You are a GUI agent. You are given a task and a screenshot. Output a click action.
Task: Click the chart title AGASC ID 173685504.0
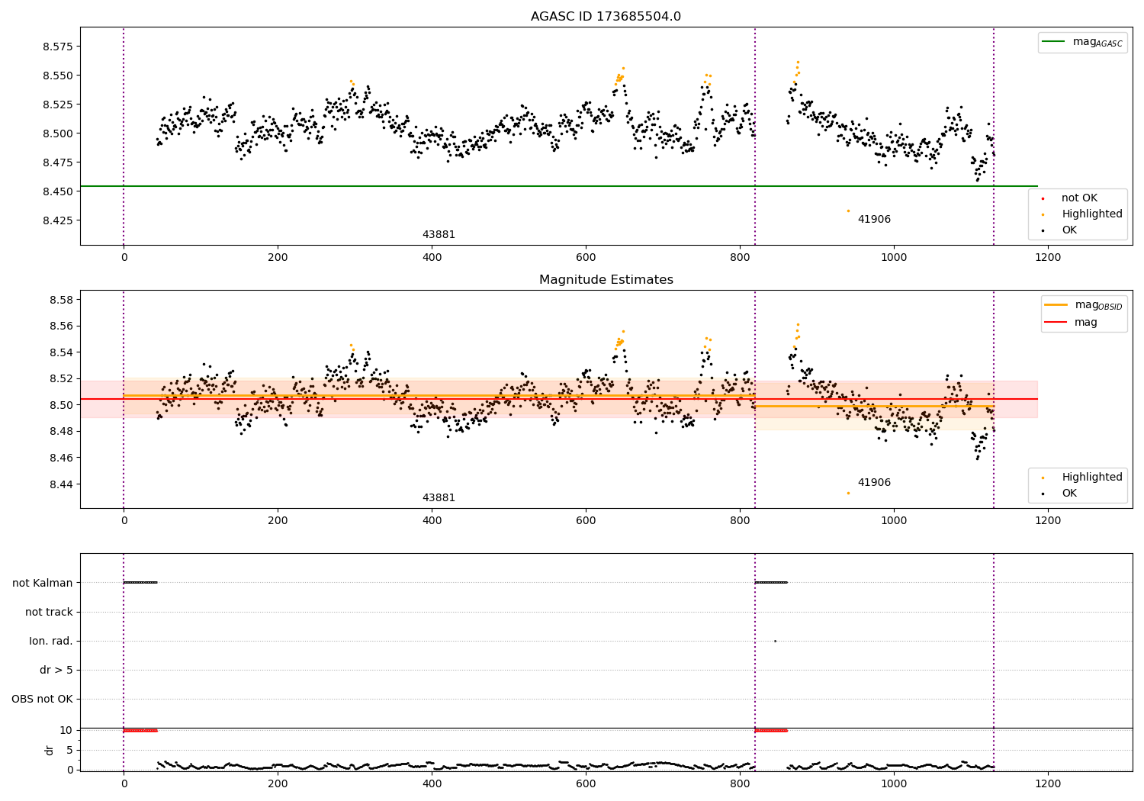[606, 17]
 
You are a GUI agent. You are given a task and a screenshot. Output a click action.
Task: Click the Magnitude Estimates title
[606, 280]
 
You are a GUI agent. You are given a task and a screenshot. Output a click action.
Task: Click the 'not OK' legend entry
[1079, 198]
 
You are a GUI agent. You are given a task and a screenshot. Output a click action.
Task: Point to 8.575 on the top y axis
[58, 47]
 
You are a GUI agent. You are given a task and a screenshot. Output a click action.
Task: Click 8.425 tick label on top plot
[58, 220]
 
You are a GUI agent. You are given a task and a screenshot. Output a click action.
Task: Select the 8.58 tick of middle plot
[61, 300]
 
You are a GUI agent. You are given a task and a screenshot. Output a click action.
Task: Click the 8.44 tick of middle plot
[61, 484]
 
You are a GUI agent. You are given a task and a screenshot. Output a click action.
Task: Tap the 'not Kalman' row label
[43, 583]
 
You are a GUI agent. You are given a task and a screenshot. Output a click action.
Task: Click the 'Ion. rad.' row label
[51, 641]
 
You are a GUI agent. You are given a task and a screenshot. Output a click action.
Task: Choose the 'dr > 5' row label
[56, 670]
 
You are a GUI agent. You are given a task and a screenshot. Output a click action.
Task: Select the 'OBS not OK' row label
[43, 699]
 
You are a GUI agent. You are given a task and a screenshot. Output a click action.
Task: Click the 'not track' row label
[49, 612]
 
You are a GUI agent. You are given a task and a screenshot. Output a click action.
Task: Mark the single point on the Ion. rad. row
[775, 641]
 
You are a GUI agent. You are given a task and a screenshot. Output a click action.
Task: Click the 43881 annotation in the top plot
[439, 235]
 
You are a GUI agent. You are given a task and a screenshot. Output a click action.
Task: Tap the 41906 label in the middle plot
[874, 483]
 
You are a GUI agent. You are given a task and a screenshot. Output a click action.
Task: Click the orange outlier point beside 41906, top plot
[848, 211]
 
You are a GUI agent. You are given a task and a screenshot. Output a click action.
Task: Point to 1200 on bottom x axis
[1048, 783]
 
